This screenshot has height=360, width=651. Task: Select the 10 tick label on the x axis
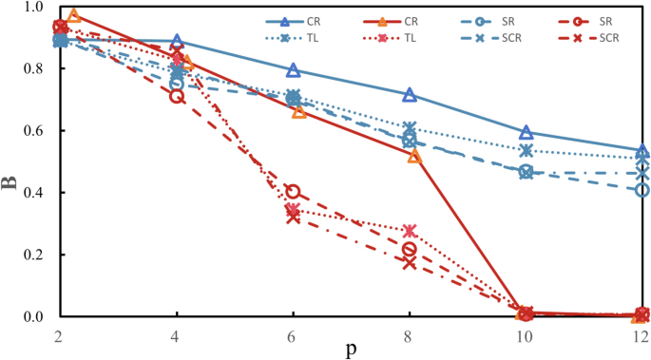click(526, 337)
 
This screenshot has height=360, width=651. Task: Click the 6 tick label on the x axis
click(293, 337)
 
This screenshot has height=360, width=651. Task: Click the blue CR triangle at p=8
click(410, 94)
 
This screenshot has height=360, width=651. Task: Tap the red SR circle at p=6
click(293, 192)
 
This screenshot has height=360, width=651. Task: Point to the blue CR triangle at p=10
click(527, 132)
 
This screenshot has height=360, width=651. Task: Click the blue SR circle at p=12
click(642, 190)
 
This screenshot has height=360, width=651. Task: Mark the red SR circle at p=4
click(176, 96)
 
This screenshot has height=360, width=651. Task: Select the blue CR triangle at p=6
click(293, 70)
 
